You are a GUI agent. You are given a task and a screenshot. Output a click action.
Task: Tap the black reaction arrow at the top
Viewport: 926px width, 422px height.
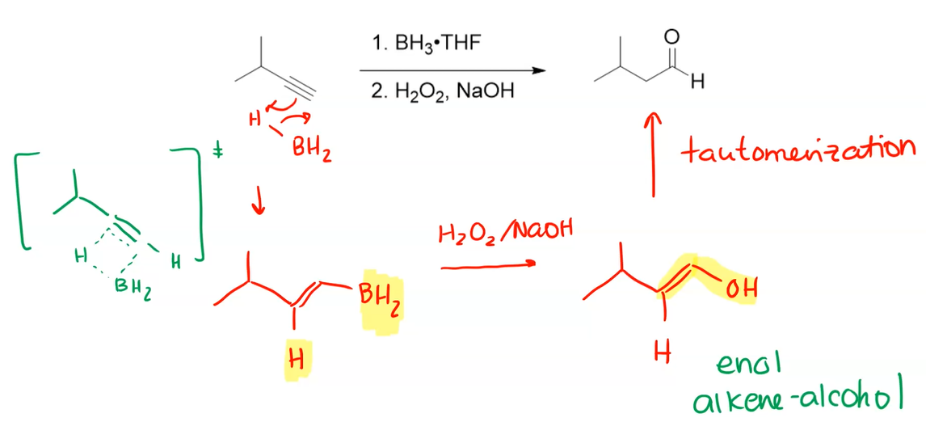pos(452,70)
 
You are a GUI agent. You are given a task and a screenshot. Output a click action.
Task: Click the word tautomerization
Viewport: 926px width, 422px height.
pos(797,148)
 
